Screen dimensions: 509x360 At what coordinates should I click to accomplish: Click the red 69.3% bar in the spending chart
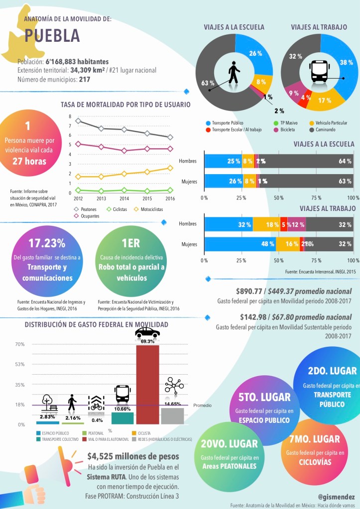147,383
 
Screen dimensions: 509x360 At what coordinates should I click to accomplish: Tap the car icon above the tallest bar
147,332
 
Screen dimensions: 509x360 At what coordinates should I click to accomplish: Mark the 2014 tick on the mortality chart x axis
124,198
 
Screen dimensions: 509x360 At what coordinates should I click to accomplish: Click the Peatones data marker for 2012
78,121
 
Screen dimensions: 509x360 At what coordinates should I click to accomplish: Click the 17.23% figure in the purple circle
47,243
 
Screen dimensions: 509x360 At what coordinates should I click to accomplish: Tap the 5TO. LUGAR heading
265,398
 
